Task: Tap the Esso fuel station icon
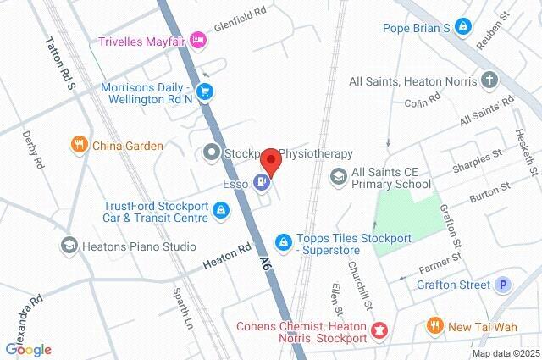pyautogui.click(x=262, y=181)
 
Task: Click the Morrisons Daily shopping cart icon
pyautogui.click(x=204, y=91)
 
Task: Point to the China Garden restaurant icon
pyautogui.click(x=80, y=146)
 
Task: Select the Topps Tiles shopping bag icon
pyautogui.click(x=284, y=241)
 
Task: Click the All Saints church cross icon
pyautogui.click(x=489, y=81)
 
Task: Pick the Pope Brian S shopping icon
pyautogui.click(x=462, y=28)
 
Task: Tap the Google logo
pyautogui.click(x=28, y=349)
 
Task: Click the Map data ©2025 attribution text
pyautogui.click(x=505, y=353)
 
